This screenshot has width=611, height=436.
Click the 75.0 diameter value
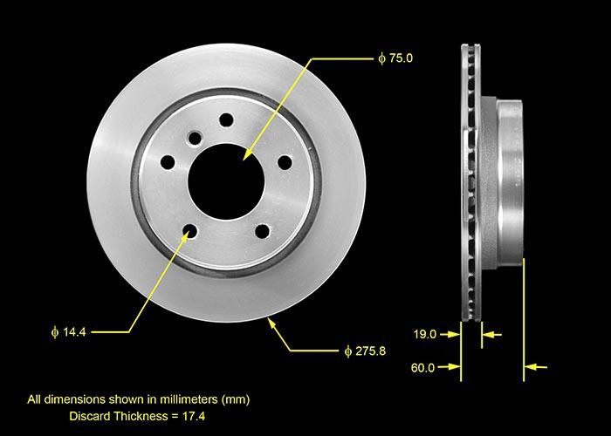click(x=400, y=58)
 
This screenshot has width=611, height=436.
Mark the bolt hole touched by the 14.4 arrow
click(x=189, y=231)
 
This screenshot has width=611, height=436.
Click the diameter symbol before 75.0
click(x=381, y=58)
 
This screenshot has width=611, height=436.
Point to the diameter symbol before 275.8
click(x=347, y=351)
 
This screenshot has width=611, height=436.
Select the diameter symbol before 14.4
click(x=54, y=331)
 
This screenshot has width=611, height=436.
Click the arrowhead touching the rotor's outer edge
click(x=271, y=324)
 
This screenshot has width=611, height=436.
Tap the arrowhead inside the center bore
click(x=247, y=155)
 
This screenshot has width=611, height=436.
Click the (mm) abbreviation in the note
click(x=236, y=399)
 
